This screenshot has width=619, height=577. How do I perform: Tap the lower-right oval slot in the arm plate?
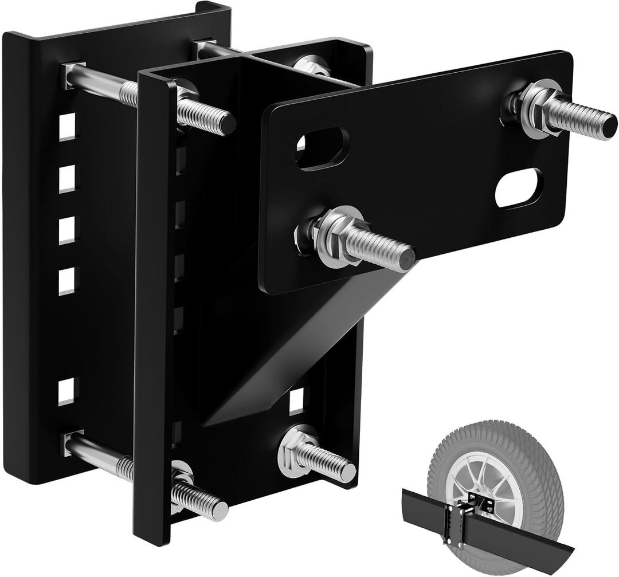519,189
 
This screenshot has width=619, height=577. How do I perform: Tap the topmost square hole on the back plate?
67,127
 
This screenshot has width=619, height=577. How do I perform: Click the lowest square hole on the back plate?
66,391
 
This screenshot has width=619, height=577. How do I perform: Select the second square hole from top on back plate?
67,179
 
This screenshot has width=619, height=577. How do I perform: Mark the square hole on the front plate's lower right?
296,401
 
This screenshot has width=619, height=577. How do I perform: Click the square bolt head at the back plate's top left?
73,75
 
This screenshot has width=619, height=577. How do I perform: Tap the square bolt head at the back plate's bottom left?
73,443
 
